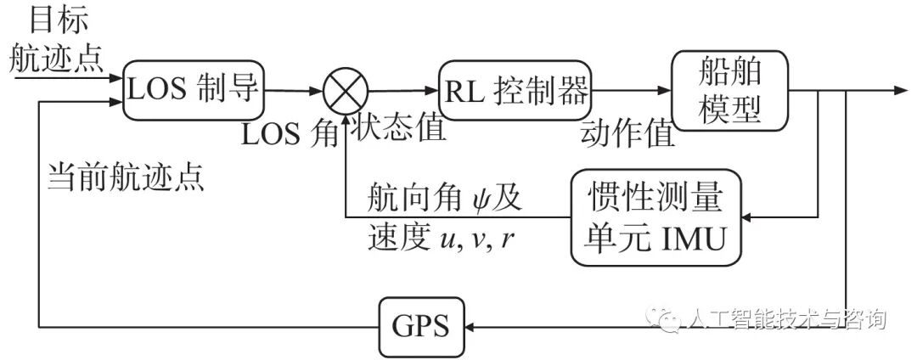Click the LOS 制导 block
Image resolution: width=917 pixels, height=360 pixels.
point(192,89)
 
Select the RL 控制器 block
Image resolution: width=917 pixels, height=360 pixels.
point(515,90)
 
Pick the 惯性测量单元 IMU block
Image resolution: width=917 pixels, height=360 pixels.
point(655,219)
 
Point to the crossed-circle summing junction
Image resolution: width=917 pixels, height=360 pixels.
point(344,90)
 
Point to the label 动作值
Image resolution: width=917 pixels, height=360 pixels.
point(627,132)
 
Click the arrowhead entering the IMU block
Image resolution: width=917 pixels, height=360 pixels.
point(748,219)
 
